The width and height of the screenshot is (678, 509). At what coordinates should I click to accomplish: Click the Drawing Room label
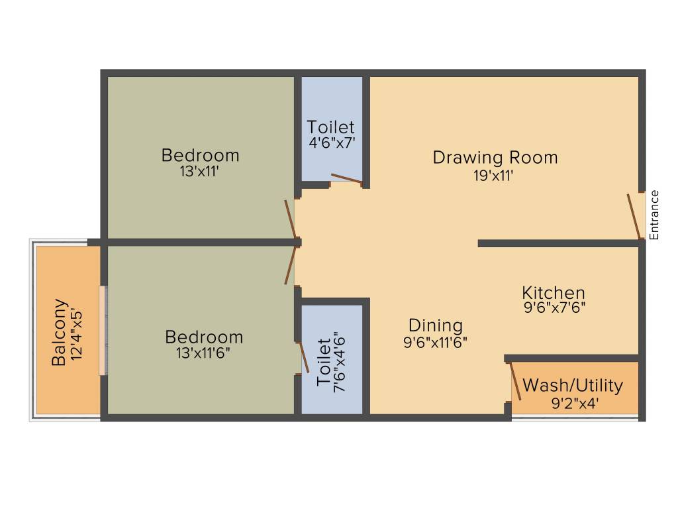495,158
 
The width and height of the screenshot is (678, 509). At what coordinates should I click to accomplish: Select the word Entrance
654,215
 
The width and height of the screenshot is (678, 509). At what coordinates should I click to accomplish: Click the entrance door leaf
634,216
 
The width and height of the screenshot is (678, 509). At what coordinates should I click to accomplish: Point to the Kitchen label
553,292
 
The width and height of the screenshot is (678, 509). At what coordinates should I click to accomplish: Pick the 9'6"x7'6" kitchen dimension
554,308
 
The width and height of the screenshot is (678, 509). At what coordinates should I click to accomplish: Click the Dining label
435,325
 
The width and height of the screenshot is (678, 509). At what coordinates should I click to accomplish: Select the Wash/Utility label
572,386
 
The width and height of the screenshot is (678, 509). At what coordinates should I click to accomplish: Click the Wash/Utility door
514,384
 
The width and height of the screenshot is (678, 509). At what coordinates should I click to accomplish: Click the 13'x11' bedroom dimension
200,171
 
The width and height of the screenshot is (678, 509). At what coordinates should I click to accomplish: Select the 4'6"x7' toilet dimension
331,142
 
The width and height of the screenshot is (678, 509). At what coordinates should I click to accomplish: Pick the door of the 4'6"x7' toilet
346,178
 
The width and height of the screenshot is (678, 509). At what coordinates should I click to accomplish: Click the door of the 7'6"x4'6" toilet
304,358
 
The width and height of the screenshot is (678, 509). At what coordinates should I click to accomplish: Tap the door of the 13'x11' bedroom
290,218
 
